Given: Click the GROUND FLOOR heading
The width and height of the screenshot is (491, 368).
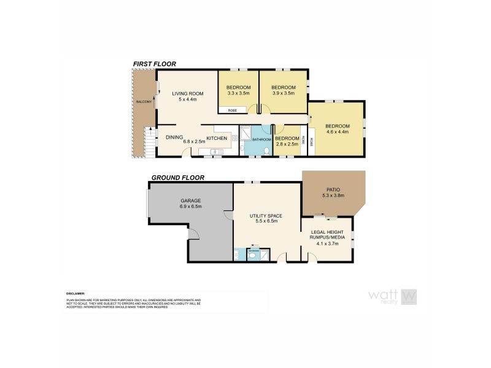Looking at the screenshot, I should (178, 178).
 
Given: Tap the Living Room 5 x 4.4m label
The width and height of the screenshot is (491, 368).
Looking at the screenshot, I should (187, 96).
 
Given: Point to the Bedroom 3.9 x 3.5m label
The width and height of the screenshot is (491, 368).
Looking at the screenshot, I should (284, 90).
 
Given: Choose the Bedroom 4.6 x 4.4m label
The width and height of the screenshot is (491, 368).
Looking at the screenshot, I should (337, 129).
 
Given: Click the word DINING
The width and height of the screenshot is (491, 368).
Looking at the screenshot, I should (174, 137).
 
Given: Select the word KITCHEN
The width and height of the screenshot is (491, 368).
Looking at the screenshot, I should (217, 139).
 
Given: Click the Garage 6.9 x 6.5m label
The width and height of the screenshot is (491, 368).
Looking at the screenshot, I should (191, 204).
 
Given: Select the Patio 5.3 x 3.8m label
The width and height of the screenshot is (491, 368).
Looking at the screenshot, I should (333, 193).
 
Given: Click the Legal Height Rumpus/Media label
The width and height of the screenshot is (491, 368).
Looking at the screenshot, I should (327, 236).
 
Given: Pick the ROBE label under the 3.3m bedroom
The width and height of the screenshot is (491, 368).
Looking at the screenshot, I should (233, 110).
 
